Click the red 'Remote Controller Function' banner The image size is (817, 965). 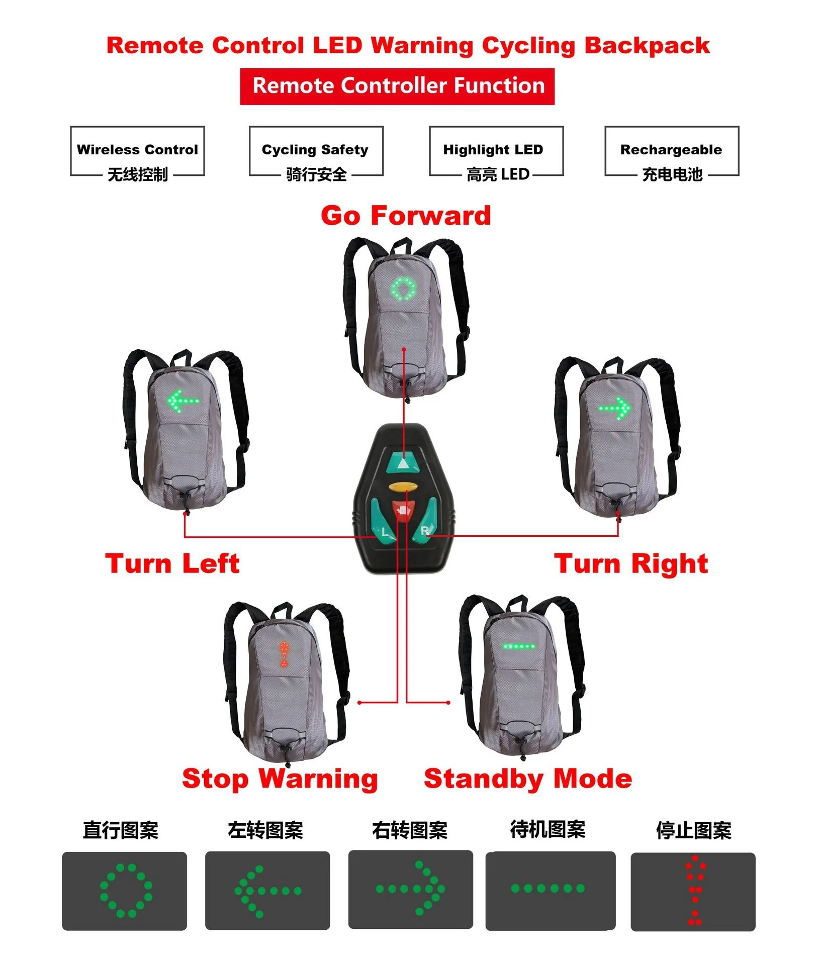[x=397, y=86]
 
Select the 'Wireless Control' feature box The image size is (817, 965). [x=137, y=151]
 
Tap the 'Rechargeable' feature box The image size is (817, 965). [x=671, y=151]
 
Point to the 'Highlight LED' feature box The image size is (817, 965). [x=496, y=151]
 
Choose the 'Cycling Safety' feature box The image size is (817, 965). [x=316, y=151]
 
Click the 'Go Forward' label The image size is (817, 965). [x=406, y=216]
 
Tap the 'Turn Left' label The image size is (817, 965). [x=172, y=563]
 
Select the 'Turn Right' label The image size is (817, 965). [x=631, y=563]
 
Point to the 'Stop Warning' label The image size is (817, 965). [x=280, y=779]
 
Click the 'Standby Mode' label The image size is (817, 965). [x=528, y=779]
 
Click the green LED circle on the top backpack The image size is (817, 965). [x=404, y=289]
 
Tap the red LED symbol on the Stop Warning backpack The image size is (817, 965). [x=284, y=654]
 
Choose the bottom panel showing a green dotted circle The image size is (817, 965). [x=125, y=891]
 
